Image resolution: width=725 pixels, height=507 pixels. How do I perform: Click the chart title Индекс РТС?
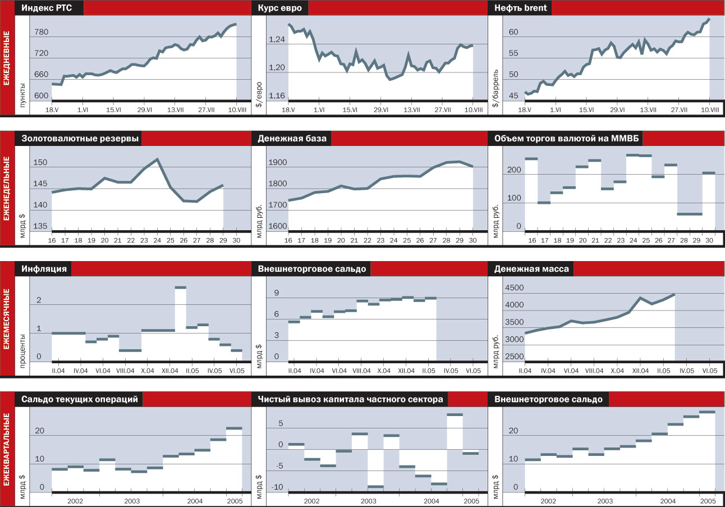tap(49, 8)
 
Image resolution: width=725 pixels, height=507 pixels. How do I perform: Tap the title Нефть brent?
tap(520, 8)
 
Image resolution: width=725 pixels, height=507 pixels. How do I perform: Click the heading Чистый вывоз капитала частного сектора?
tap(350, 399)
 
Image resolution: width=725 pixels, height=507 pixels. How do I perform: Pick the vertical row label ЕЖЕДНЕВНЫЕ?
tap(7, 58)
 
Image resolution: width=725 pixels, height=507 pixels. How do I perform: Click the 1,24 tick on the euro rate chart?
tap(277, 39)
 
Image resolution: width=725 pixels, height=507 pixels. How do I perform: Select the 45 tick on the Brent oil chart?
tap(513, 96)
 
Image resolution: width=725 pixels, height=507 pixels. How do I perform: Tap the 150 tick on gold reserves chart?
tap(41, 163)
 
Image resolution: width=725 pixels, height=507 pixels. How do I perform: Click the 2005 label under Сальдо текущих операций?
tap(235, 501)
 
